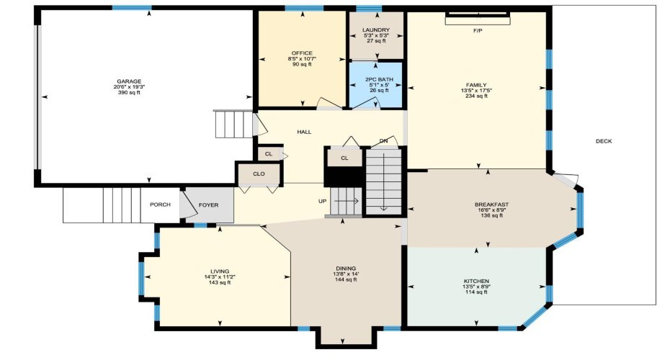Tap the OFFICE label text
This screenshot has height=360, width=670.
point(302,53)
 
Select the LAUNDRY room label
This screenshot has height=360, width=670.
point(375,29)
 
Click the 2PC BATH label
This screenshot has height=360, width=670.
point(375,78)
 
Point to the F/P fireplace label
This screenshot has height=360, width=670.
point(477,31)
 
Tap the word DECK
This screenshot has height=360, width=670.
point(603,141)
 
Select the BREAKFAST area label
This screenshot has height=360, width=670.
point(491,204)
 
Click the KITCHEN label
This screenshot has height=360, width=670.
point(476,281)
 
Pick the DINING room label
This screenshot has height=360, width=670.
point(345,268)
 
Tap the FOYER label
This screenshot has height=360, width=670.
point(209,205)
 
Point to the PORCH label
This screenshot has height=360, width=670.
point(160,205)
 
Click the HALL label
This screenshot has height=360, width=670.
point(304,132)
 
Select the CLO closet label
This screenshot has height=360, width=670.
point(259,174)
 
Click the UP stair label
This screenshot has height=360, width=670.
point(323,202)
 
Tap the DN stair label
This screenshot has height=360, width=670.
point(383,140)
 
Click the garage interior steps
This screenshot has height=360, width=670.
point(233,124)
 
